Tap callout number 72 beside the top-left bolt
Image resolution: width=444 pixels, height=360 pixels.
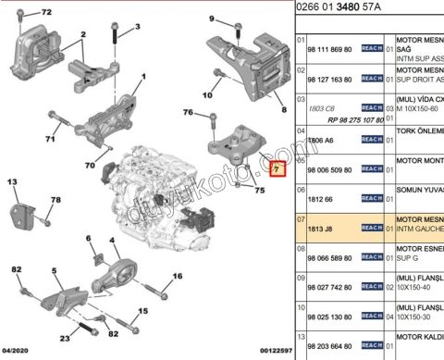coord(46,13)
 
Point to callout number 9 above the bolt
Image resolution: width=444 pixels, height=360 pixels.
coord(212,19)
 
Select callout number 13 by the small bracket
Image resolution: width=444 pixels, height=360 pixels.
coord(13,183)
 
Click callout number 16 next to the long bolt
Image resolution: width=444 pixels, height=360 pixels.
coord(177,276)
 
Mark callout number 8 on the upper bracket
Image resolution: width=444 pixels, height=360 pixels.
coord(271,107)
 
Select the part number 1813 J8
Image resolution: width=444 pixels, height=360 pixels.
coord(324,227)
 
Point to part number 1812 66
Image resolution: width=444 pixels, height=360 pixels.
coord(324,198)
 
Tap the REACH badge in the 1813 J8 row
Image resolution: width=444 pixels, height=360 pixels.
coord(371,227)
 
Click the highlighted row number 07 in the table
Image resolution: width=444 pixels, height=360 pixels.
coord(302,220)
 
